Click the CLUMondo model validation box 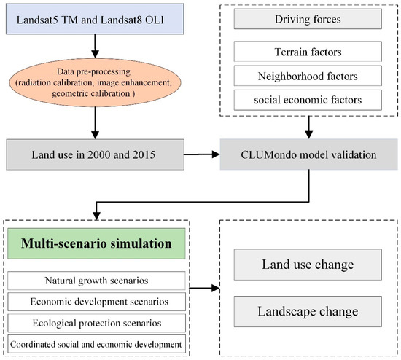click(x=310, y=154)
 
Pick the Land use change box click(x=310, y=265)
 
